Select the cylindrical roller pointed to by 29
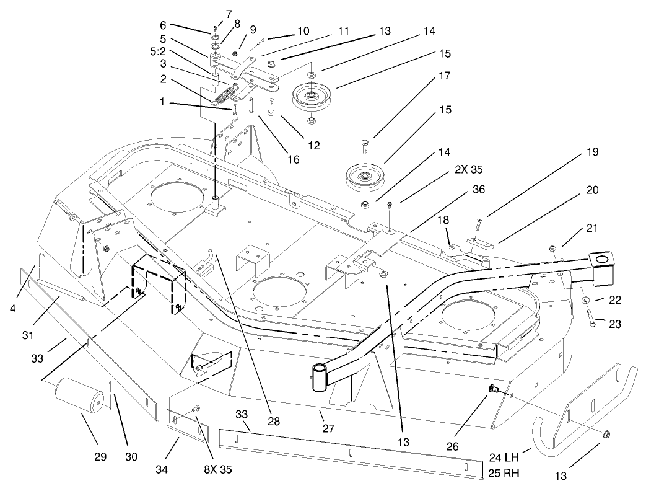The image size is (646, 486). pos(79,394)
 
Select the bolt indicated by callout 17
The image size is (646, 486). pos(365,146)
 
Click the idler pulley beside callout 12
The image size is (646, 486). pos(313,96)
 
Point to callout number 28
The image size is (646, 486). pos(274,422)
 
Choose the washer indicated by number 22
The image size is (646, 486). pos(584,301)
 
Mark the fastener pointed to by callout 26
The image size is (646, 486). pos(494,389)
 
